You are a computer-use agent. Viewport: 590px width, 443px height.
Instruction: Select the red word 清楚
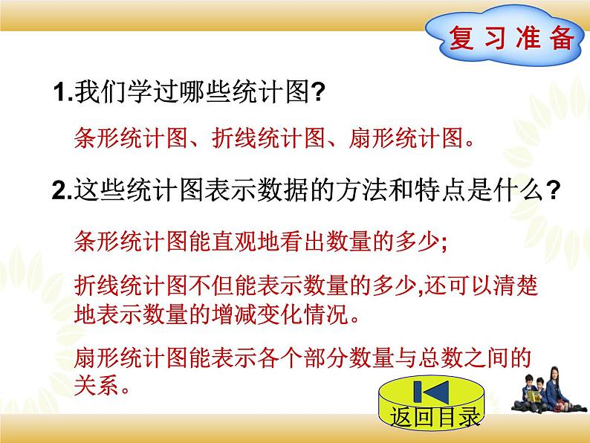pyautogui.click(x=534, y=285)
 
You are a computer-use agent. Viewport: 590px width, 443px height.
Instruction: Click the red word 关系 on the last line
pyautogui.click(x=94, y=387)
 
